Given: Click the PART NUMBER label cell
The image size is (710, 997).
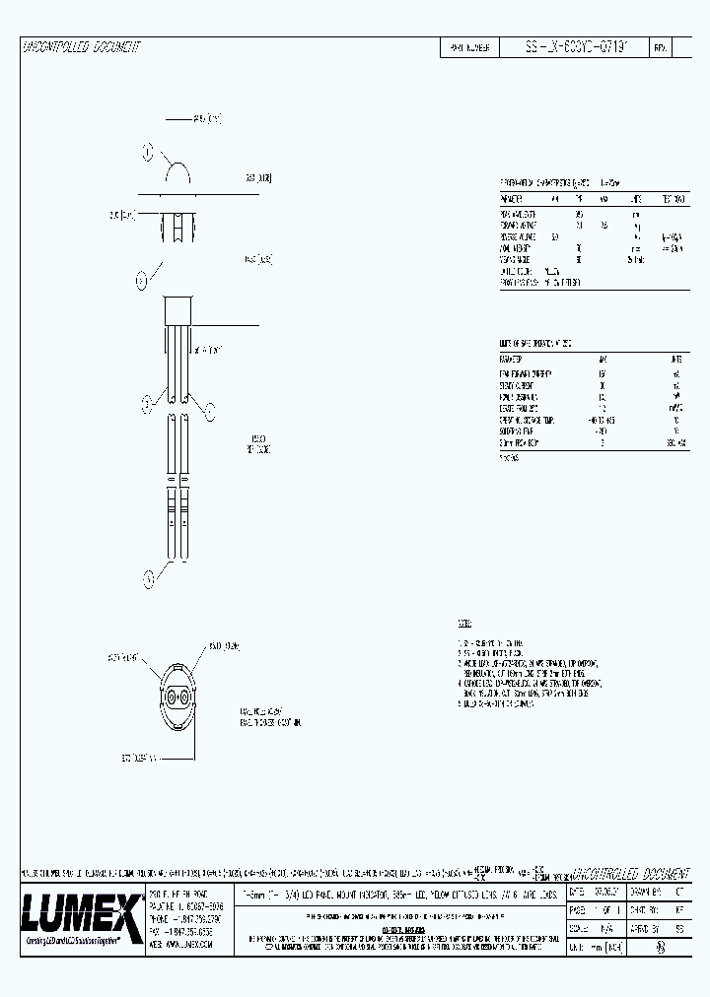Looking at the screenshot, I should click(471, 47).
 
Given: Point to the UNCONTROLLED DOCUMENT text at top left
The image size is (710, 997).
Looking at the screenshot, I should click(81, 47).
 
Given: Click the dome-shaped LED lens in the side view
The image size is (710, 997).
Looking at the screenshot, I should click(177, 177).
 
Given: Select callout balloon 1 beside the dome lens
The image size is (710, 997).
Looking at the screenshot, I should click(149, 153).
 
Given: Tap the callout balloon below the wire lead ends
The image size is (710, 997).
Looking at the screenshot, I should click(149, 578).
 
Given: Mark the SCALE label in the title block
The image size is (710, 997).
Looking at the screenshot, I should click(579, 926).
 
